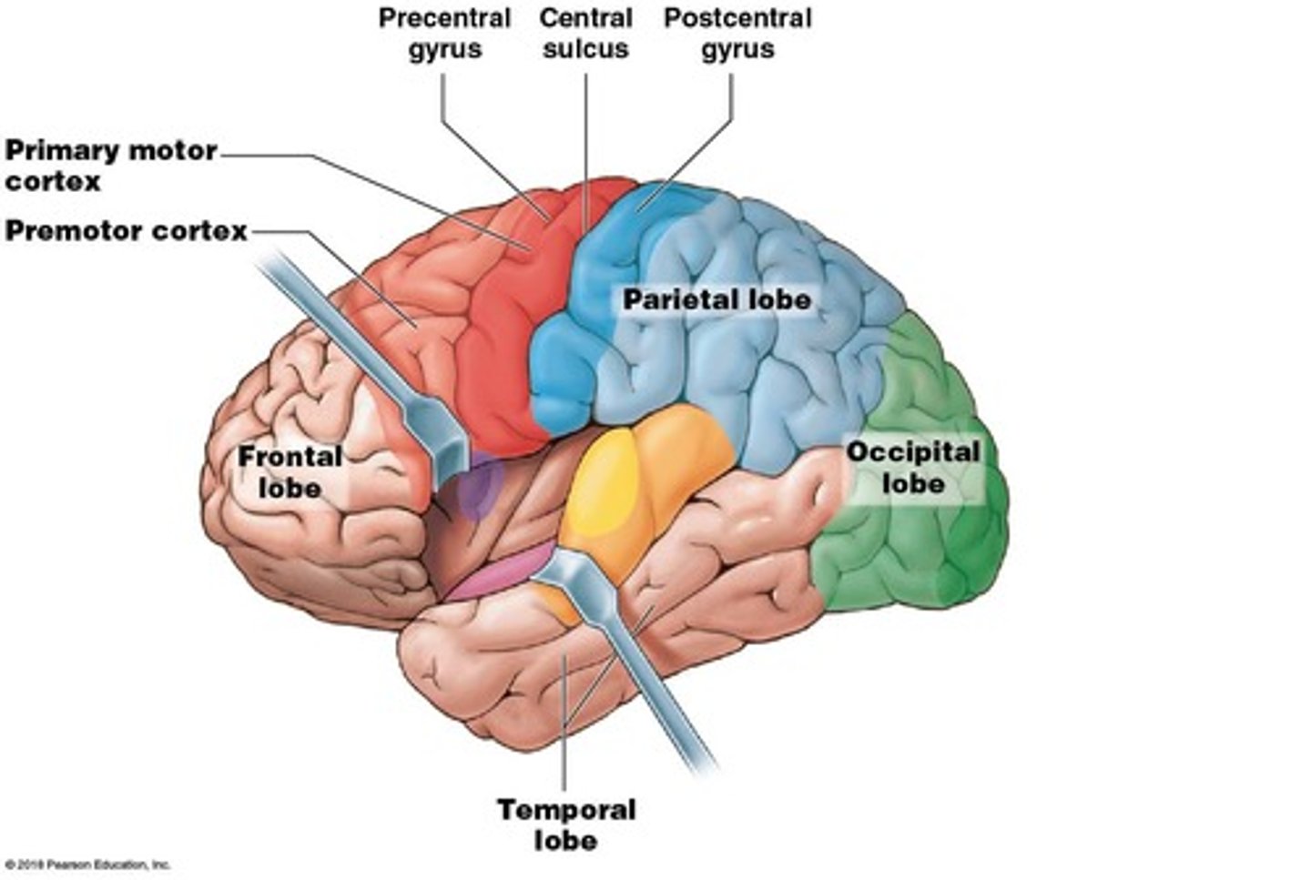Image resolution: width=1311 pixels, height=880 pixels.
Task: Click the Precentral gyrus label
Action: (444, 33)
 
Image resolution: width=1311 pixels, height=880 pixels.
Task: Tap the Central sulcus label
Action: (585, 33)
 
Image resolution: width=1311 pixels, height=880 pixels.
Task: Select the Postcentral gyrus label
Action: (737, 33)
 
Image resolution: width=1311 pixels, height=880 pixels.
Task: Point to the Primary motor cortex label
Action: (110, 165)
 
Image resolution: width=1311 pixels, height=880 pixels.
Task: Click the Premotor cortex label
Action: (127, 231)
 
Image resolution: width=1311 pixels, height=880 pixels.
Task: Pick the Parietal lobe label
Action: (716, 298)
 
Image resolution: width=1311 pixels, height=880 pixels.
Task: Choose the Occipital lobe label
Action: (913, 467)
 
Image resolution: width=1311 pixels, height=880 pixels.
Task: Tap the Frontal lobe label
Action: (290, 471)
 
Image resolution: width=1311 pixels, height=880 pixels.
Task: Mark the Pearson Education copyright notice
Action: (87, 864)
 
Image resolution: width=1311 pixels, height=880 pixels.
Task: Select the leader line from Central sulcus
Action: (585, 146)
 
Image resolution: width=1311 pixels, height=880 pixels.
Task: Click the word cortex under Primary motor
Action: (53, 180)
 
